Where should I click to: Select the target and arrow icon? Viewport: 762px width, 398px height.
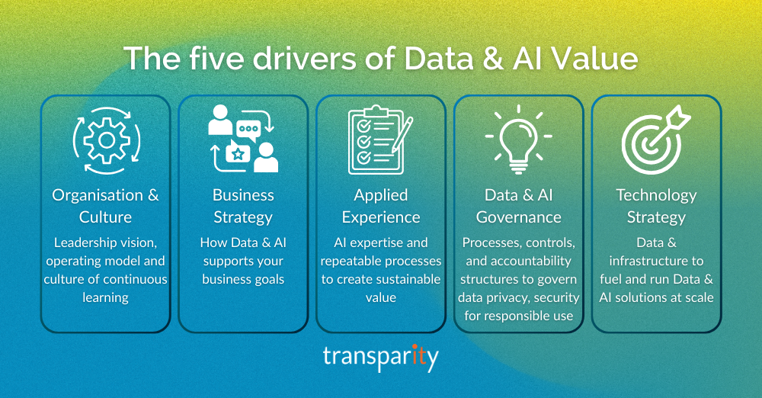tap(655, 140)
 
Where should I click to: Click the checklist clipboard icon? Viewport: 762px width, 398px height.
tap(374, 140)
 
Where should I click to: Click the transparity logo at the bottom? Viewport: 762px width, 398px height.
tap(380, 358)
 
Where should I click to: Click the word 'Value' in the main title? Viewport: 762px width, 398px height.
tap(596, 59)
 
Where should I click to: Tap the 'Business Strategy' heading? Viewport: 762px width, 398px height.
tap(243, 206)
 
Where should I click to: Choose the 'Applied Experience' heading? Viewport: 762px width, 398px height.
tap(380, 206)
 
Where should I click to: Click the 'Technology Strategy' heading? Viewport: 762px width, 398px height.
tap(655, 206)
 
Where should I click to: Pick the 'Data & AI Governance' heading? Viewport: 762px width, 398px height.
tap(518, 206)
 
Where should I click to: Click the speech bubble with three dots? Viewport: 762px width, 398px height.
tap(248, 128)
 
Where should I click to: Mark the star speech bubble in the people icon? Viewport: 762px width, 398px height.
tap(239, 153)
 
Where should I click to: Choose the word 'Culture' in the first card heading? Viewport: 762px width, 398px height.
tap(105, 217)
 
